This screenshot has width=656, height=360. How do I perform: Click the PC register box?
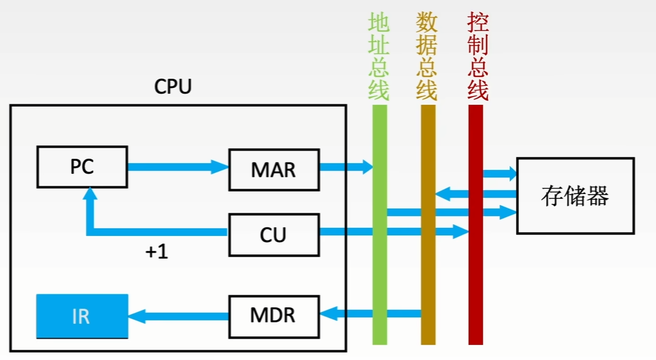pos(81,167)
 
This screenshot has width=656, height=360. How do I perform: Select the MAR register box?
pos(273,169)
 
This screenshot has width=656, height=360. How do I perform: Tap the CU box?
pos(273,234)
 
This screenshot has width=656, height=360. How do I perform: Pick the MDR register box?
pos(273,315)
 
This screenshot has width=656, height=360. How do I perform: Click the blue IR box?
pos(81,316)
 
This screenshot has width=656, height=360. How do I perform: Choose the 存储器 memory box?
pos(575,196)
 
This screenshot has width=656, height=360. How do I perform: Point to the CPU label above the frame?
pos(173,87)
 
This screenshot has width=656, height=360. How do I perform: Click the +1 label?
pos(156,252)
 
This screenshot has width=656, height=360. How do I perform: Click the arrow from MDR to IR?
pos(178,315)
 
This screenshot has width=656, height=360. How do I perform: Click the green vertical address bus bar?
pos(379,258)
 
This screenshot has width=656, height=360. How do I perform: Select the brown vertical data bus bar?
pos(428,258)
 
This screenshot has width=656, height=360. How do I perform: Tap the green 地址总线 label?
pos(379,56)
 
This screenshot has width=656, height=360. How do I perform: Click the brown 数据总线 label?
pos(427,56)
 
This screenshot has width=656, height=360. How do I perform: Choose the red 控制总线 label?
pos(478,56)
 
